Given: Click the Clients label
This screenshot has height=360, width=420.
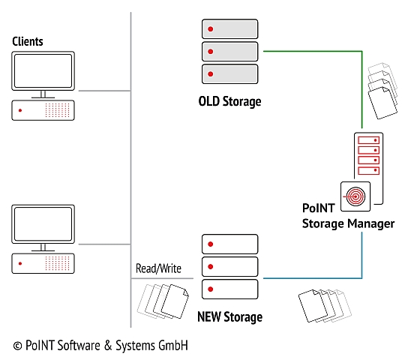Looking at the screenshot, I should coord(28,41).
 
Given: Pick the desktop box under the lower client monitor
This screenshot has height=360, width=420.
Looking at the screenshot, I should coord(43,263).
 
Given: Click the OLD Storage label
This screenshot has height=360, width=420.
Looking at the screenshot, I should coord(229,101).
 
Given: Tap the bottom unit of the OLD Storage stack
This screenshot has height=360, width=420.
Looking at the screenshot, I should coord(229,74).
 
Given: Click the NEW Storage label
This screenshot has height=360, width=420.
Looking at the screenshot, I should coord(229,317).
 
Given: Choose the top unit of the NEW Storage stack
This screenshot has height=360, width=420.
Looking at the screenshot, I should coord(229,244).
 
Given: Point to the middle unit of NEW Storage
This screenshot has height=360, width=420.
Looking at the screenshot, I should coord(229,267).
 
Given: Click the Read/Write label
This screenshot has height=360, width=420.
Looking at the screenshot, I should coord(159,268).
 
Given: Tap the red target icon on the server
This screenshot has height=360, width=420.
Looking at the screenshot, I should coord(355,196).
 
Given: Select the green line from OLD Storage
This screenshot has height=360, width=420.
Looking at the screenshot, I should coord(315,52).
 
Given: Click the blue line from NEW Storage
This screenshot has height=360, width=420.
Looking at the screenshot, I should coord(315,279).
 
